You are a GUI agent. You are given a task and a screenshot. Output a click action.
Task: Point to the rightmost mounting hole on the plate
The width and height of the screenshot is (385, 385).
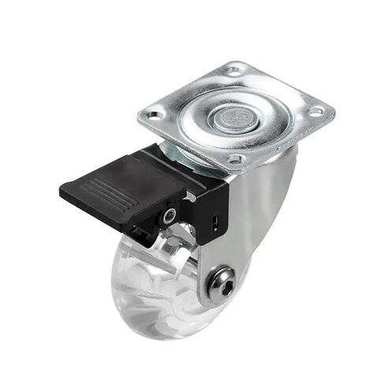pyautogui.click(x=315, y=112)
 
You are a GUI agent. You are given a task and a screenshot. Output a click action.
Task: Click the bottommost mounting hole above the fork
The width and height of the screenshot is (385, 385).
pyautogui.click(x=234, y=159)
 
